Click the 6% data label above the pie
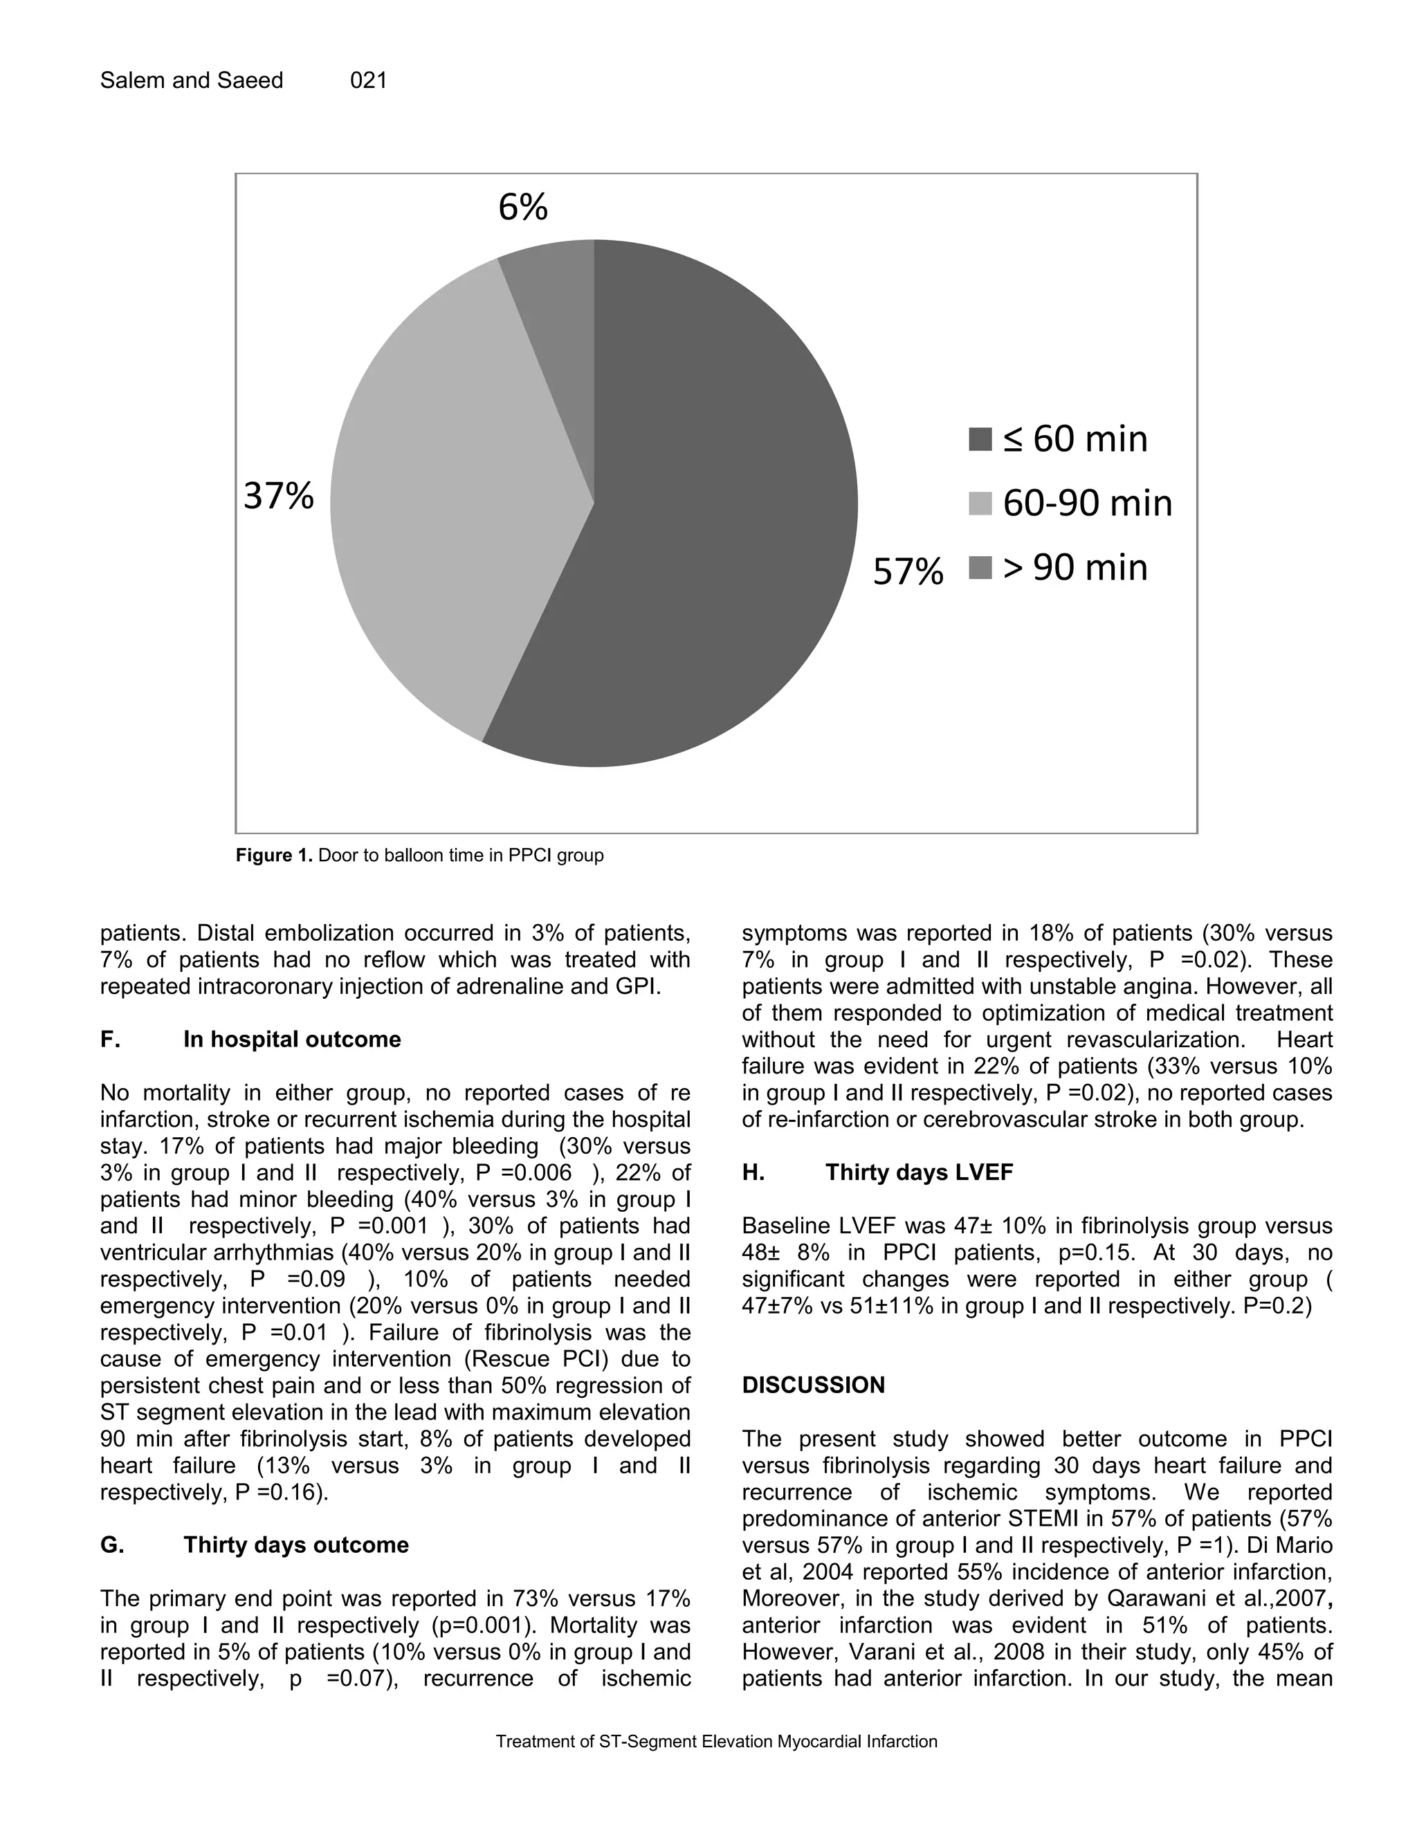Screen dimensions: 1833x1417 tap(522, 206)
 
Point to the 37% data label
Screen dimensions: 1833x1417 tap(279, 496)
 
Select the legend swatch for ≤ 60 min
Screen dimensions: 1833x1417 tap(980, 439)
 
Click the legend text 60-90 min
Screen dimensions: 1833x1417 tap(1087, 503)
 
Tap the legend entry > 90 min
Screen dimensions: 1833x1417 tap(1075, 567)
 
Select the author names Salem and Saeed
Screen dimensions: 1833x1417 tap(192, 80)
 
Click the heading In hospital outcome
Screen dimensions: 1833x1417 tap(292, 1039)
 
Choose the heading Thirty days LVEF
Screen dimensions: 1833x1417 tap(920, 1172)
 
